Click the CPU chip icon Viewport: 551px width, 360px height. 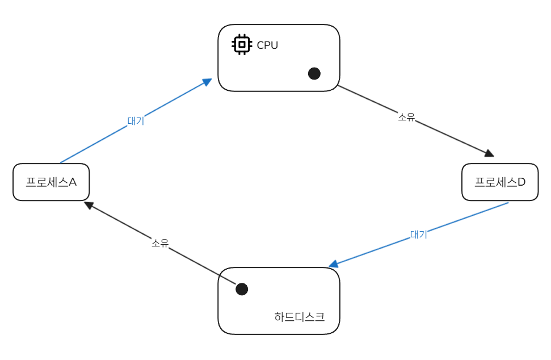[242, 44]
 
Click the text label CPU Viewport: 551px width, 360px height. [267, 45]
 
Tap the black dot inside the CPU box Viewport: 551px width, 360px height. [314, 73]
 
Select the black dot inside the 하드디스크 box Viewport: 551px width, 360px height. [242, 289]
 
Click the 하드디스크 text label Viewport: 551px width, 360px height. [299, 317]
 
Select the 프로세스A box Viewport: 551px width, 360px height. [51, 182]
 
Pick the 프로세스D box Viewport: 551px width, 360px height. [499, 182]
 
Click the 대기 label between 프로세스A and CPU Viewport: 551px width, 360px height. [136, 120]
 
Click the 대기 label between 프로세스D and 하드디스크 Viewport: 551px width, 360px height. [418, 234]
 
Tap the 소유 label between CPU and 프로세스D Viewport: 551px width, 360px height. [406, 117]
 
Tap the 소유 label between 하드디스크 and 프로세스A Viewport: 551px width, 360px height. [160, 242]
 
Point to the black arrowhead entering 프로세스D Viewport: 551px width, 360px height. [489, 153]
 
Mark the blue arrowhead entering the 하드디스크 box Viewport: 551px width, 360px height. [334, 264]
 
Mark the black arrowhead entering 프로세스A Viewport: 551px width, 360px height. [88, 204]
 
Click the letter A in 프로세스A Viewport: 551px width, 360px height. [73, 182]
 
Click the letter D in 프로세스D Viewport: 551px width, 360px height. [521, 182]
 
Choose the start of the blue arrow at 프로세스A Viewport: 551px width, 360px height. [60, 163]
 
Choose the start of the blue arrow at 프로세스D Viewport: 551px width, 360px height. [508, 203]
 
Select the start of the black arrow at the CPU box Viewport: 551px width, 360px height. [338, 86]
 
